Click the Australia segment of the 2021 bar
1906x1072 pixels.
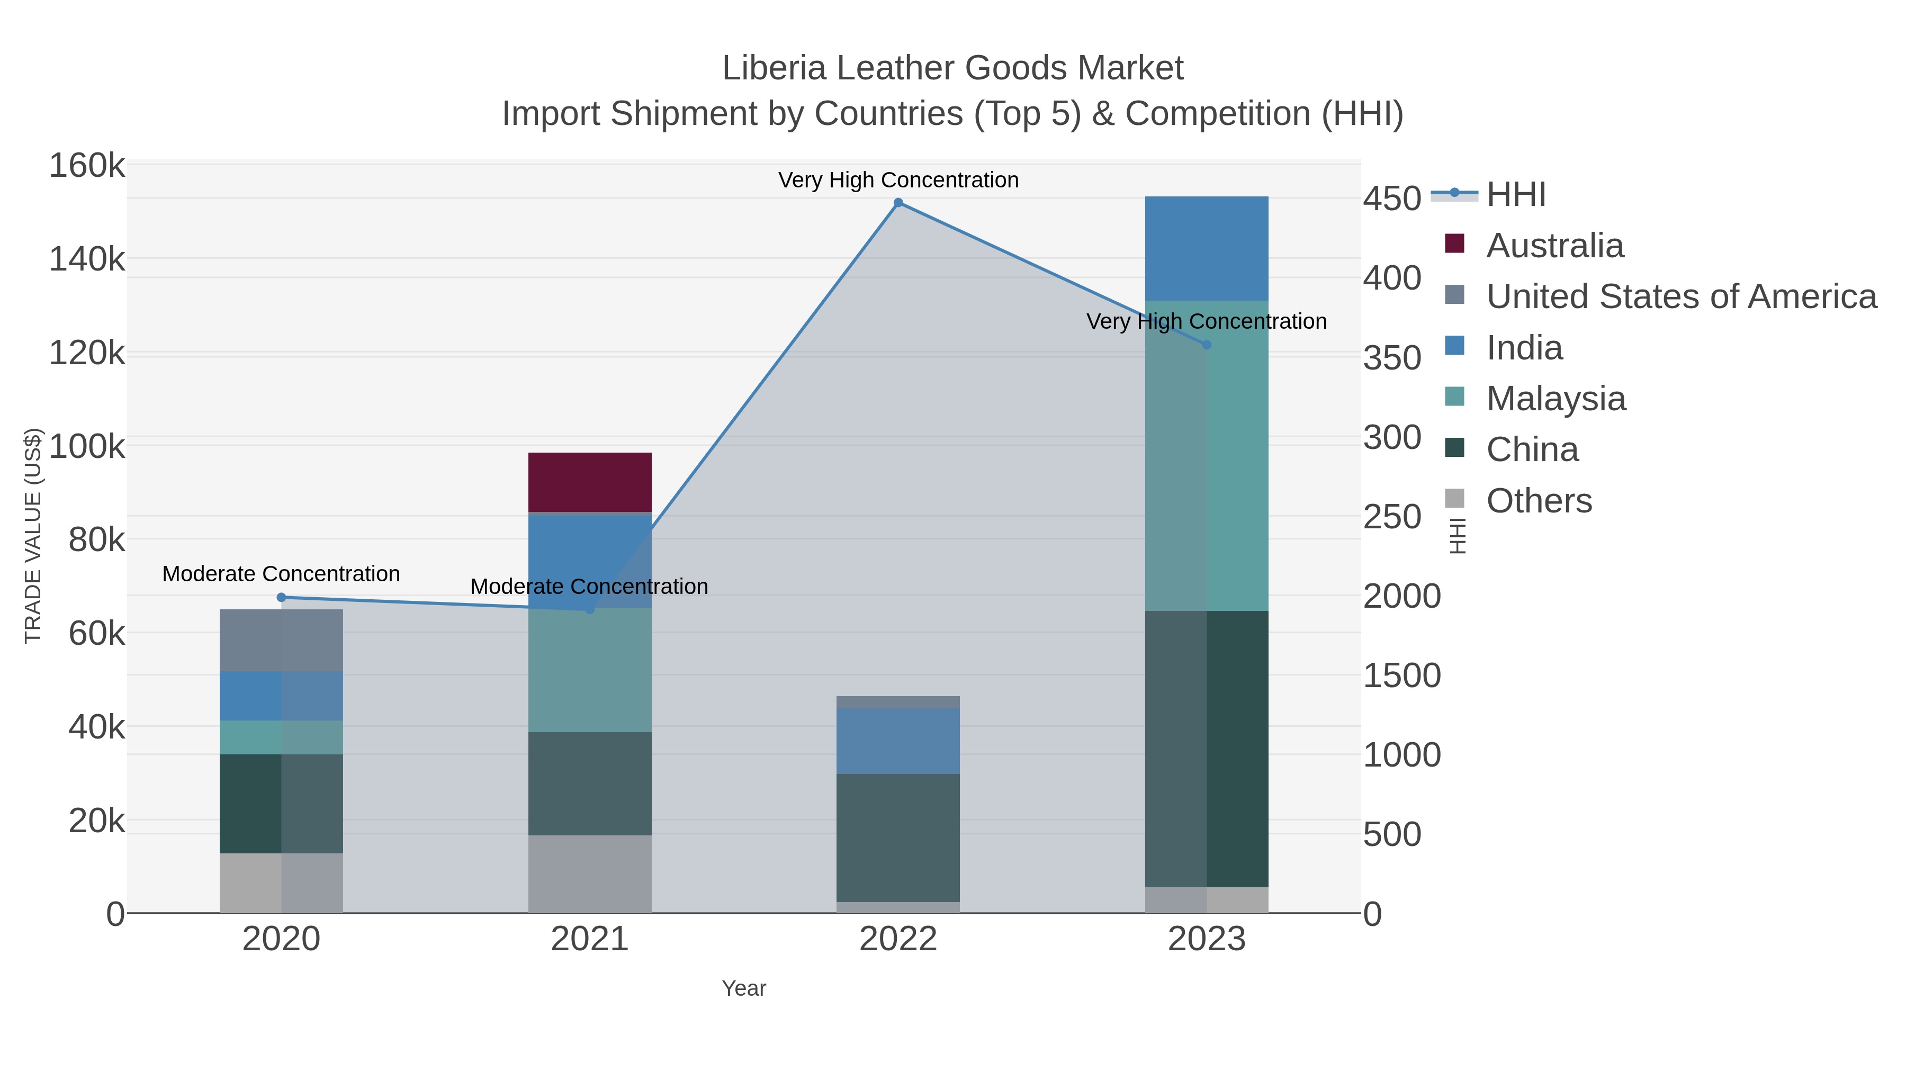click(590, 482)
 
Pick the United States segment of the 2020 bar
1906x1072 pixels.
click(281, 640)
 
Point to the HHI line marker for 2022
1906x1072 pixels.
click(898, 203)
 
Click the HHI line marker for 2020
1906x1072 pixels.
click(281, 597)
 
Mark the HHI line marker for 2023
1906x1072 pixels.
click(1207, 345)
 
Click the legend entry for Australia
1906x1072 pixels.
click(1554, 246)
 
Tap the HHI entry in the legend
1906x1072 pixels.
click(1515, 195)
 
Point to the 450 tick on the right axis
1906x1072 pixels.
click(1392, 199)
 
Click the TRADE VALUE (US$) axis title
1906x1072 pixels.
click(33, 536)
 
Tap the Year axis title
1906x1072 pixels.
click(744, 988)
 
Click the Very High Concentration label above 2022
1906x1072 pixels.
click(898, 180)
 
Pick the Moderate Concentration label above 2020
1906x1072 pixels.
click(281, 573)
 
